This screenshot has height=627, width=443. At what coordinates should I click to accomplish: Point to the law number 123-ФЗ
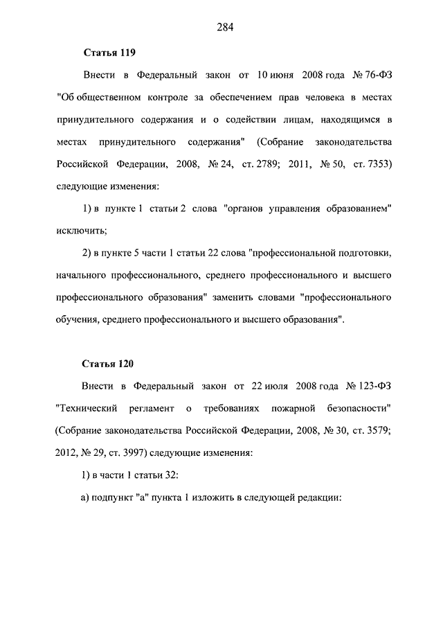[x=374, y=385]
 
